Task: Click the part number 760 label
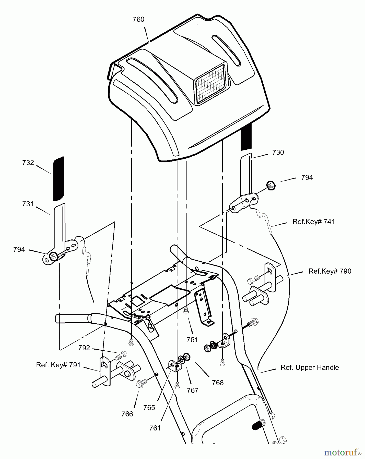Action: click(x=138, y=20)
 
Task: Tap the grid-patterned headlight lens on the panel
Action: click(x=210, y=84)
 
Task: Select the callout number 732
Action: click(x=28, y=163)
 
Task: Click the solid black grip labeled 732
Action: click(x=58, y=178)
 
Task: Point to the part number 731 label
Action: click(x=28, y=204)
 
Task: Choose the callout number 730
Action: click(x=278, y=152)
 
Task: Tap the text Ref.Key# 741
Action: click(x=314, y=222)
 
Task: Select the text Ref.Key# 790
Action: click(x=330, y=271)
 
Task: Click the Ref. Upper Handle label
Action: click(x=310, y=367)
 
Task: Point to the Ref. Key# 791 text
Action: click(x=58, y=365)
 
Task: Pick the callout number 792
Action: click(x=84, y=348)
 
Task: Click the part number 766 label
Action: click(x=127, y=414)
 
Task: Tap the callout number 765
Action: click(x=149, y=407)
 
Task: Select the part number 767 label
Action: click(x=192, y=390)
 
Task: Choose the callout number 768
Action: click(x=218, y=382)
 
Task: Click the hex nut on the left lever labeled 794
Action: click(x=53, y=256)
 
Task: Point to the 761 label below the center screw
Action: click(x=192, y=340)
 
